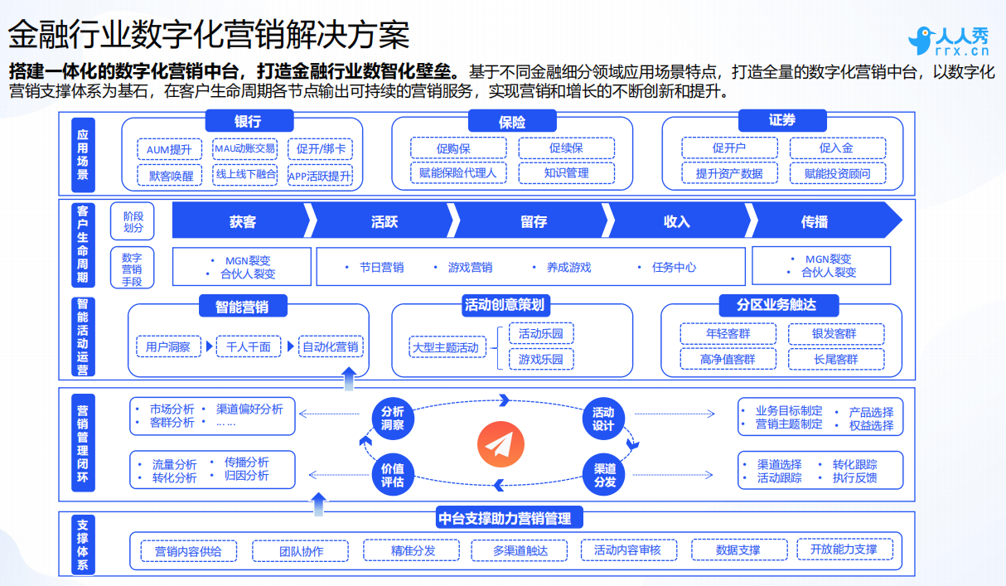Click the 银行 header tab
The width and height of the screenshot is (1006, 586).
point(249,121)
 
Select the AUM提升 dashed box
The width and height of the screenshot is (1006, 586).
point(169,149)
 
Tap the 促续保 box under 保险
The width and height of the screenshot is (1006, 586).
point(566,148)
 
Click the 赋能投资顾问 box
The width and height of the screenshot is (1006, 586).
point(838,173)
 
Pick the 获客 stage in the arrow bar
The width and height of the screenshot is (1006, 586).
point(243,221)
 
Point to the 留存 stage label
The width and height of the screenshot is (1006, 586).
point(534,221)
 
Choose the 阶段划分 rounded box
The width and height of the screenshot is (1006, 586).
point(133,221)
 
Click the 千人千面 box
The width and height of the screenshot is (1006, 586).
point(249,346)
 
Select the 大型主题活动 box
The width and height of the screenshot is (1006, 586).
point(447,347)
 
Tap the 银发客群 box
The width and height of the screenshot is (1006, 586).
point(836,334)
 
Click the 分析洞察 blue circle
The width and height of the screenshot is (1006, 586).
point(393,419)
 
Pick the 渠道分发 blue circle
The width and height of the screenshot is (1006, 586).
point(603,475)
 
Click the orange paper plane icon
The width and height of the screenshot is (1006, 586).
point(501,444)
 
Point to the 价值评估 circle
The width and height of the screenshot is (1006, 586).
point(393,475)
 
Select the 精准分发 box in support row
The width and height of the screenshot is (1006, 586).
point(411,550)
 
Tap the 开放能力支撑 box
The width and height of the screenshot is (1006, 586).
point(844,550)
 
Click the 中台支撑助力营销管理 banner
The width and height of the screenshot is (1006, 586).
point(510,518)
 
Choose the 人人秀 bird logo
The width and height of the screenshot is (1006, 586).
point(921,41)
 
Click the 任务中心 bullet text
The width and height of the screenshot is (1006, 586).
point(674,268)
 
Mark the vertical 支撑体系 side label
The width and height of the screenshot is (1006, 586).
point(83,545)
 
